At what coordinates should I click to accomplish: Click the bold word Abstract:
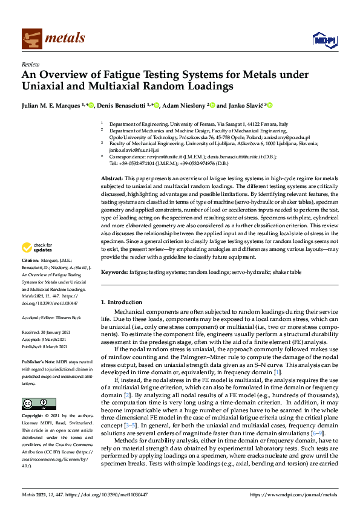tap(113, 179)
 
